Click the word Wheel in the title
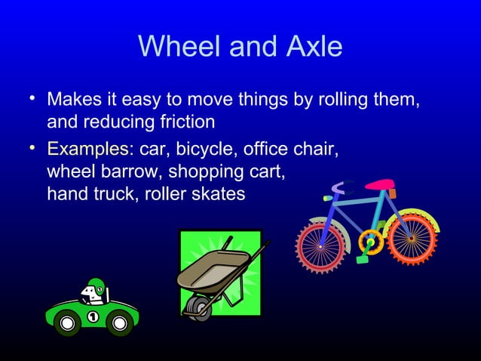tap(176, 48)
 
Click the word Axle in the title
tap(311, 48)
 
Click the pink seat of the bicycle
tap(381, 184)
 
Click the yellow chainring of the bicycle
tap(371, 242)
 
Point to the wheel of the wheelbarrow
tap(199, 306)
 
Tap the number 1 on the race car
tap(93, 316)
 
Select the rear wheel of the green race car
tap(67, 325)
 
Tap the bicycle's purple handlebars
tap(345, 186)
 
